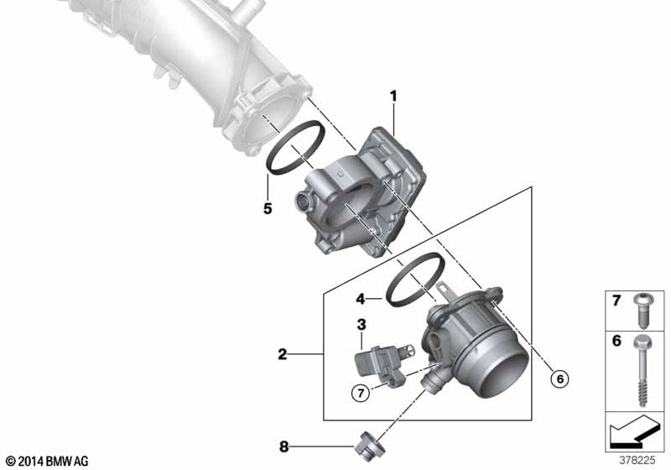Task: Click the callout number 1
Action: pos(392,97)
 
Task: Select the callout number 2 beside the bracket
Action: pos(283,355)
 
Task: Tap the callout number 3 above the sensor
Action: pos(361,324)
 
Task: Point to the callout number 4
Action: pos(360,297)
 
